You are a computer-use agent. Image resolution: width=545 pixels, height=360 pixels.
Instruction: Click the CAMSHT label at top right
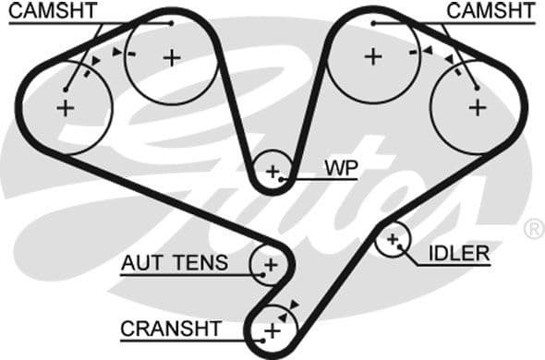tap(490, 11)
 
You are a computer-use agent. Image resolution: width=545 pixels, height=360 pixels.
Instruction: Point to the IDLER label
tap(458, 254)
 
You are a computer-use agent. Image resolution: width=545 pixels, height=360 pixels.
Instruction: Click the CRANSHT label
tap(171, 329)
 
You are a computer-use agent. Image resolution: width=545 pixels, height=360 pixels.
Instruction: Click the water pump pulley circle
tap(272, 172)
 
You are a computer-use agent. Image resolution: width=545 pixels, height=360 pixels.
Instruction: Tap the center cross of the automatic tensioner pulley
tap(271, 265)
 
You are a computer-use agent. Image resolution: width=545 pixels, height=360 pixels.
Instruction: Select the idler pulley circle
tap(394, 241)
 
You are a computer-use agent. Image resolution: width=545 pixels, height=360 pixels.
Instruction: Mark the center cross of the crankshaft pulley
tap(272, 330)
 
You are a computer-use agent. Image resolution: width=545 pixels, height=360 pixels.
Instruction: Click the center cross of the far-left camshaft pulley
tap(65, 108)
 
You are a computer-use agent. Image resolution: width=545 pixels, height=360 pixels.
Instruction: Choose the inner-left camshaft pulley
tap(172, 57)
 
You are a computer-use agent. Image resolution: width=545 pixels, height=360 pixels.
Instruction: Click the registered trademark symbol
tap(534, 228)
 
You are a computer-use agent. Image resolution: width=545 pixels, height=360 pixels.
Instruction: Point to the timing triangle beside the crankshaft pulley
tap(294, 305)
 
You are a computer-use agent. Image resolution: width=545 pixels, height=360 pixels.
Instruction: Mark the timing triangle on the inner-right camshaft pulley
tap(427, 53)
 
